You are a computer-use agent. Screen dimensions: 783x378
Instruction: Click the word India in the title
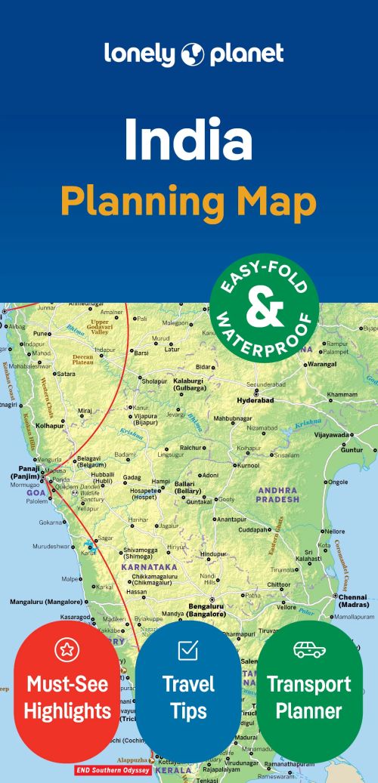pos(188,140)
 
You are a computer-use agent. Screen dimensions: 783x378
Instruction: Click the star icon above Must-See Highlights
pos(67,649)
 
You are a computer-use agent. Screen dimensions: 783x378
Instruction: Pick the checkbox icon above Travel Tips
pos(187,649)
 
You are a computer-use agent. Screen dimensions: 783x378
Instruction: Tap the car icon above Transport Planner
pos(308,649)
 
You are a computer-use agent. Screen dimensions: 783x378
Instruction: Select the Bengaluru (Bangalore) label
pos(208,610)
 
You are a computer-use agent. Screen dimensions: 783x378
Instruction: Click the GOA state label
pos(36,492)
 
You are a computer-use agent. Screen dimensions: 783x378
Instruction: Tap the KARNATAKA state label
pos(148,566)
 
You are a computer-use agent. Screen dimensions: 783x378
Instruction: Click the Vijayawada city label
pos(332,435)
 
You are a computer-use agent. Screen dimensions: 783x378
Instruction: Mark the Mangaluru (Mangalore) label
pos(45,602)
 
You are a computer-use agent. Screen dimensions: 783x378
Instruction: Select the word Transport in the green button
pos(308,685)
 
